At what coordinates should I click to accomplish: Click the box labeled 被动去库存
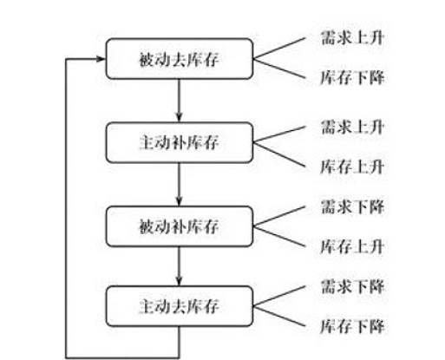point(180,59)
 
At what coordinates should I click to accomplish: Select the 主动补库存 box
point(180,142)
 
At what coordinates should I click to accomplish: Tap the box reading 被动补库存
point(180,226)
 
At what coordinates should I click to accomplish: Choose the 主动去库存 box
point(180,306)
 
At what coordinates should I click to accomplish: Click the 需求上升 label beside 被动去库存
point(352,38)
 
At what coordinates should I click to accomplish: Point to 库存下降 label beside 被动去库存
point(352,78)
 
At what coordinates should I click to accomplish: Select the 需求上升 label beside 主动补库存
point(352,127)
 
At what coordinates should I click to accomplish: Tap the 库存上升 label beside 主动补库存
point(352,167)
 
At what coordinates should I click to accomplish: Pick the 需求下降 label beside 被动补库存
point(352,206)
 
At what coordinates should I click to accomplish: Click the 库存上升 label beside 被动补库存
point(352,246)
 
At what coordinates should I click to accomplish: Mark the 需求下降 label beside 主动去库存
point(352,286)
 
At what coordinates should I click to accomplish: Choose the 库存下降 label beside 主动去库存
point(352,326)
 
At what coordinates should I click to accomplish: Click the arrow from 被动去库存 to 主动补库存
point(179,101)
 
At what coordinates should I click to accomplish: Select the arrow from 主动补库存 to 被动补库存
point(179,184)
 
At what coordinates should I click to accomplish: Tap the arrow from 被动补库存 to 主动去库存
point(179,266)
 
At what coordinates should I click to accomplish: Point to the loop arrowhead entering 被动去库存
point(101,59)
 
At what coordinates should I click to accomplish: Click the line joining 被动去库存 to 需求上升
point(279,49)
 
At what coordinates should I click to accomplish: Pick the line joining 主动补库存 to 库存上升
point(279,154)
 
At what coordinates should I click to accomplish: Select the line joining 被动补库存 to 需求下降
point(279,216)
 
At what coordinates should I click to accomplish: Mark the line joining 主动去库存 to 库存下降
point(279,316)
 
